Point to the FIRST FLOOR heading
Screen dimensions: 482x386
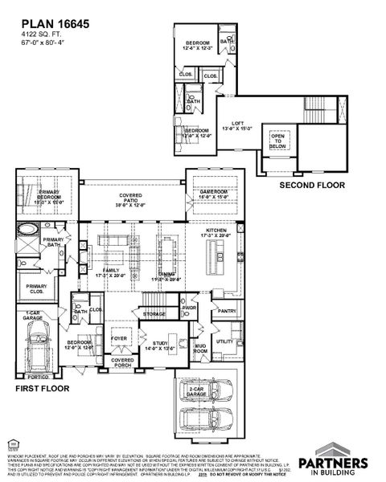coord(43,388)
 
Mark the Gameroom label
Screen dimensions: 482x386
coord(214,194)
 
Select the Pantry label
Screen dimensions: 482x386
coord(227,311)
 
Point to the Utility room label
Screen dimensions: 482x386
coord(224,341)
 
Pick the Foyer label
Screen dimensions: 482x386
coord(120,339)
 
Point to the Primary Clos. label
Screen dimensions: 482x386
coord(36,289)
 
